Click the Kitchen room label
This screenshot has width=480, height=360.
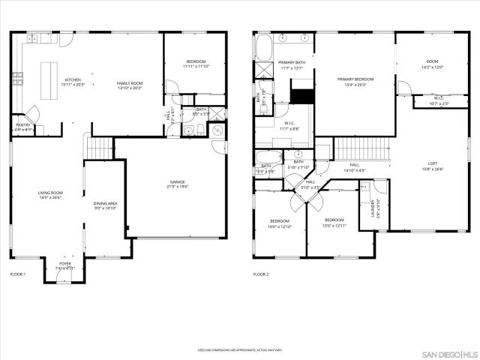coord(73,80)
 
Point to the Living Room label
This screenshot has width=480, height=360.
coord(50,193)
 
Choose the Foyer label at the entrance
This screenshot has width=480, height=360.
coord(65,264)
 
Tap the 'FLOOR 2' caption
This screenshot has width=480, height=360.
coord(260,275)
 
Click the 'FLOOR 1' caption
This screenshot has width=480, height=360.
coord(17,275)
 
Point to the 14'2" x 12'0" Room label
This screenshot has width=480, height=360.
coord(433,64)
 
